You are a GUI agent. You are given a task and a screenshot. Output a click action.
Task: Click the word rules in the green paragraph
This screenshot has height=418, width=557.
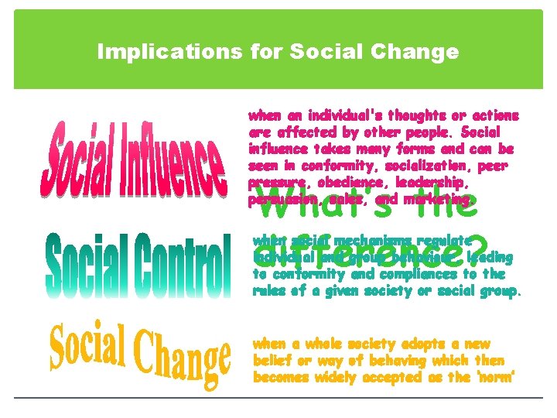coord(268,291)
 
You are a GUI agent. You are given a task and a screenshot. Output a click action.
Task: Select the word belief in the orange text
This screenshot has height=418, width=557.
coord(272,360)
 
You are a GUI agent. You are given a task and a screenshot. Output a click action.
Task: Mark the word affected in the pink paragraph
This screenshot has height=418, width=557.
coord(302,132)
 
